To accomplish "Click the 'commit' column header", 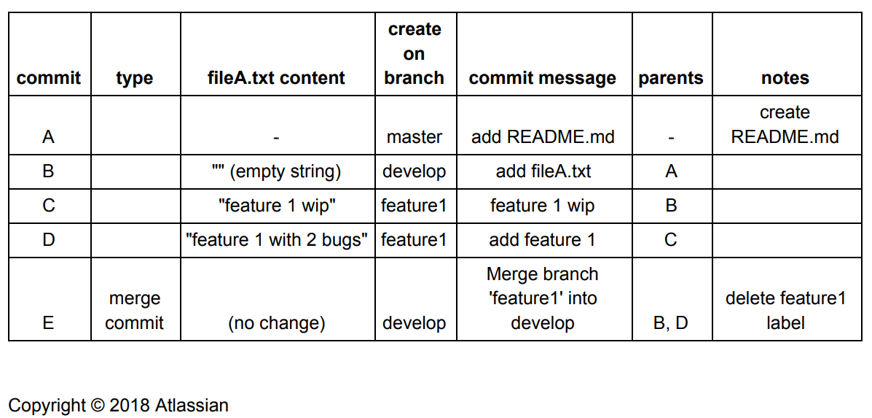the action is coord(49,78).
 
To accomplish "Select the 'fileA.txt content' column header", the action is coord(277,78).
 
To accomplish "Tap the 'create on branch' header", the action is coord(415,53).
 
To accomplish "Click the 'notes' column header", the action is coord(785,78).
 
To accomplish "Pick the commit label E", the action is coord(48,323).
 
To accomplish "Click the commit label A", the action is coord(48,137).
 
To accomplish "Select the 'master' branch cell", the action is coord(415,137).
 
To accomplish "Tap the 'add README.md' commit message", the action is coord(543,137).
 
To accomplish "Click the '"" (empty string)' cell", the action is coord(277,171).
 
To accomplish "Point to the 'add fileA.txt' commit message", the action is coord(543,171).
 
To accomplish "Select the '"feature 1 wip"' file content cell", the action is coord(277,206).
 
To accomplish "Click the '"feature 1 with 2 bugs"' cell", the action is coord(277,240).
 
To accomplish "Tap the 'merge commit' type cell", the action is coord(135,311).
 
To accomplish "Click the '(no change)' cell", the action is coord(277,323).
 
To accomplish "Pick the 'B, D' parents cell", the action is coord(671,323).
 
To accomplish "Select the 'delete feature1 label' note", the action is coord(785,311).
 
